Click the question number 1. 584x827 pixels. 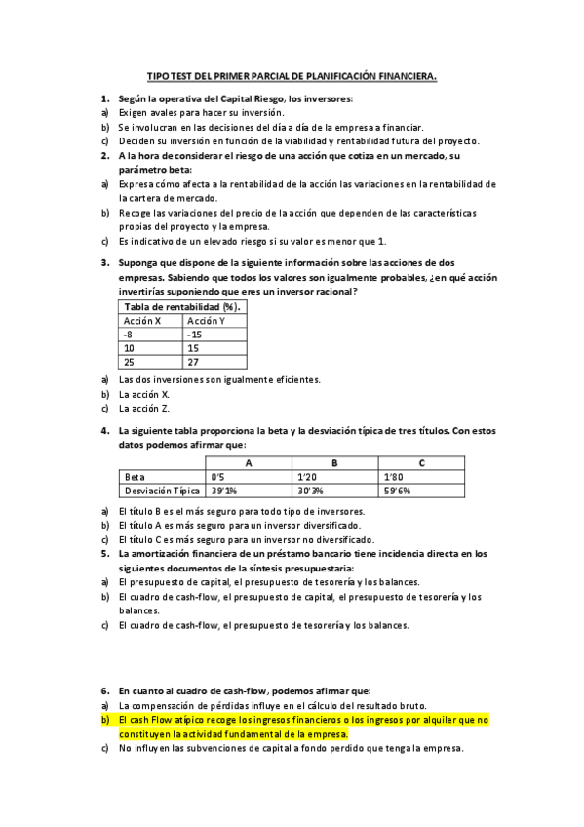[104, 99]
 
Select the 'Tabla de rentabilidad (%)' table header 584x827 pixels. [182, 306]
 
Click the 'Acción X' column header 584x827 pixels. [141, 320]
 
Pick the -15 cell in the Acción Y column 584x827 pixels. [194, 334]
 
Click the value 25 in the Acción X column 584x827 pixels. [129, 361]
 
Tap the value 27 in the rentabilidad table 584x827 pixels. [193, 361]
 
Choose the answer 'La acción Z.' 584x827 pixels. [145, 408]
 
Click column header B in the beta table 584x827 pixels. [334, 462]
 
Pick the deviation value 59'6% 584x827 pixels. [397, 491]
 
